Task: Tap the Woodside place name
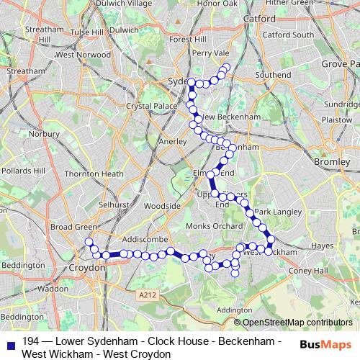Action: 161,205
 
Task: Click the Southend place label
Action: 273,74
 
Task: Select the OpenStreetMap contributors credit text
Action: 297,323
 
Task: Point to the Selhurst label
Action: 114,204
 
